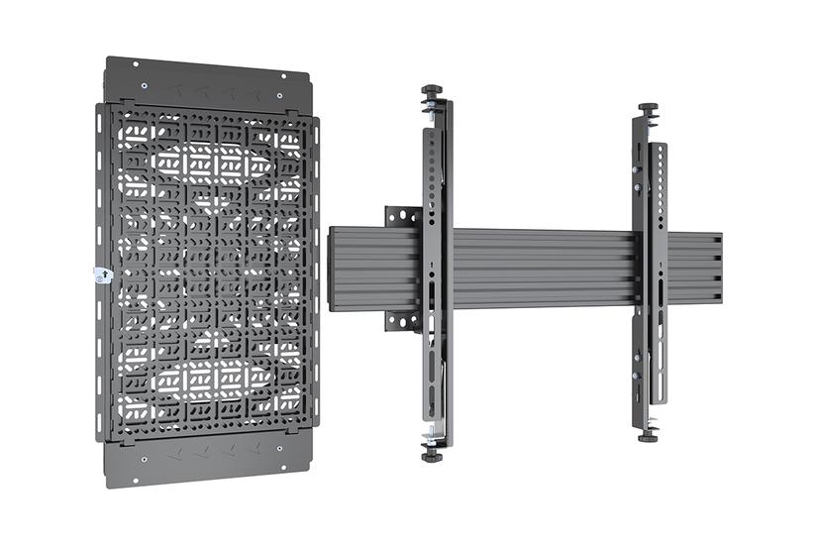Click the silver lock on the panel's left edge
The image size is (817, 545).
click(100, 274)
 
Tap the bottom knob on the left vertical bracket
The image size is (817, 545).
click(432, 455)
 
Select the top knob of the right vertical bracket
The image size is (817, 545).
click(649, 108)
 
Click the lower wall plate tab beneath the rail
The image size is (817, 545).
click(403, 320)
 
